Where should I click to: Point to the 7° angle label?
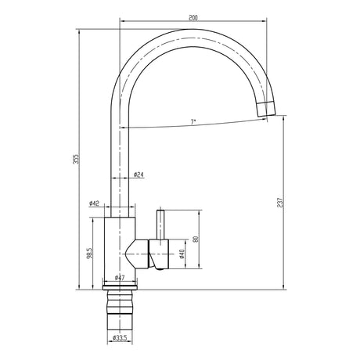click(193, 122)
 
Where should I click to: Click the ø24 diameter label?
click(138, 175)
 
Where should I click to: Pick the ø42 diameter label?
click(94, 203)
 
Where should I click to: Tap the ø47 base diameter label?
click(120, 278)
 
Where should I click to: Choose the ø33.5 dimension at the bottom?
click(120, 339)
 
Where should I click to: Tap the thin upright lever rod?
click(161, 223)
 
